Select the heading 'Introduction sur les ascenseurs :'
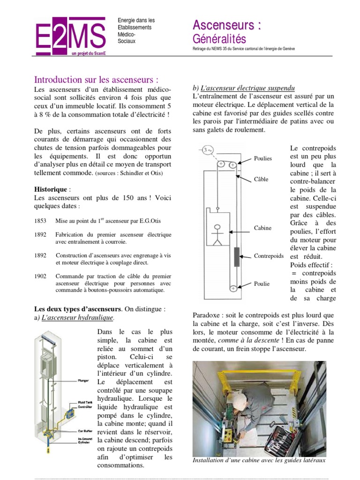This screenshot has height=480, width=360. coord(100,79)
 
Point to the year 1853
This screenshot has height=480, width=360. coord(40,221)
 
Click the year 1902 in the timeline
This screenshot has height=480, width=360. coord(40,276)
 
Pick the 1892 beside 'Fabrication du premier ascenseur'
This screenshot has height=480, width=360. coord(40,234)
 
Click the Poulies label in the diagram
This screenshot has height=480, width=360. coord(262,158)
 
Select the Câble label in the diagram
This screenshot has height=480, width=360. coord(261,179)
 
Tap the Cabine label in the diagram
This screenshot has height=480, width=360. coord(262,228)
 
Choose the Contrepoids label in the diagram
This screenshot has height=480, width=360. coord(269,256)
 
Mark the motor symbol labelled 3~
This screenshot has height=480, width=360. coord(207,150)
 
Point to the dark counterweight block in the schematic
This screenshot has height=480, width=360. coord(237,257)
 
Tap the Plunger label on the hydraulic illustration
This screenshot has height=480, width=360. coord(82,381)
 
